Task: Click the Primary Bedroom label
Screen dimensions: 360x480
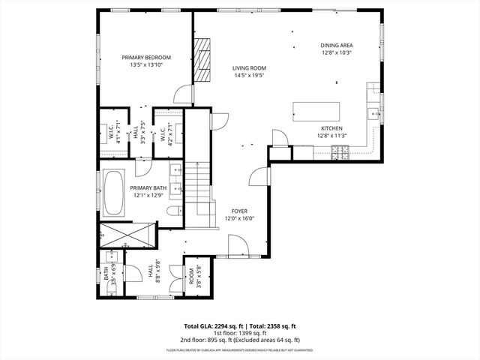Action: [147, 58]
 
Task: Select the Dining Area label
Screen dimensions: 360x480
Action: [336, 45]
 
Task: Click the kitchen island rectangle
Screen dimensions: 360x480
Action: [316, 111]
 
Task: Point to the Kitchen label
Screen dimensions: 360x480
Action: [331, 128]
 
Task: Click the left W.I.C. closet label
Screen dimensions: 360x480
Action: [110, 133]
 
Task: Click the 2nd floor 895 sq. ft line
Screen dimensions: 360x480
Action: [239, 340]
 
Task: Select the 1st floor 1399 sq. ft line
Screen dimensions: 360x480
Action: [239, 334]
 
